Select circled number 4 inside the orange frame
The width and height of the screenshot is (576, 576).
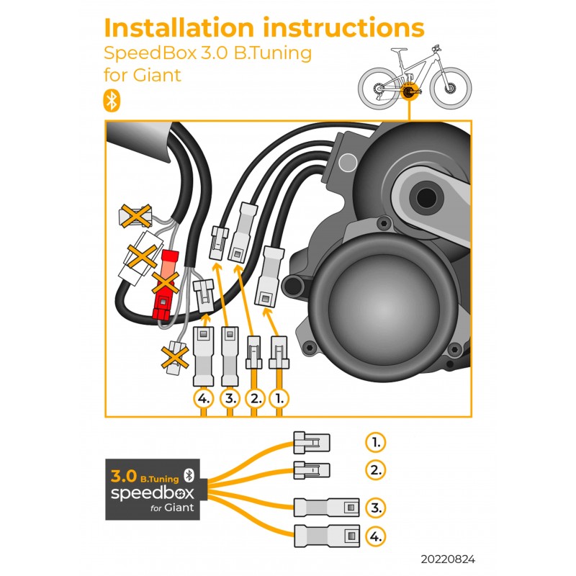[x=204, y=397]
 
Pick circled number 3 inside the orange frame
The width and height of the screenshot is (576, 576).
[x=230, y=397]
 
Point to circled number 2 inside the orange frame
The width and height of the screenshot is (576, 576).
[x=254, y=397]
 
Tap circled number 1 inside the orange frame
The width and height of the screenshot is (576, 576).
[x=279, y=397]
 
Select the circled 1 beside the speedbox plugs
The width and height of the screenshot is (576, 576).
[x=374, y=441]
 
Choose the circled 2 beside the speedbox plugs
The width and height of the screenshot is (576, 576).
[x=374, y=470]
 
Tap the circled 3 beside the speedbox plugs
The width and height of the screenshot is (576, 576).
[x=374, y=508]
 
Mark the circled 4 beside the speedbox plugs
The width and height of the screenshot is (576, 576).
[x=374, y=536]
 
